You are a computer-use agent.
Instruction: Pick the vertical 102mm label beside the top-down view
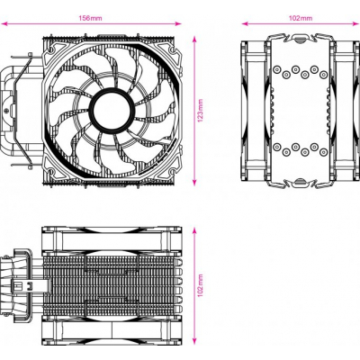202,286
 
